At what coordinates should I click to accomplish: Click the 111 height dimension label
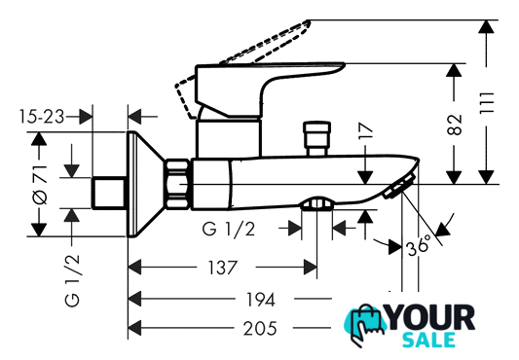coord(487,103)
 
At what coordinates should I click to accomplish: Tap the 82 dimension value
coord(454,125)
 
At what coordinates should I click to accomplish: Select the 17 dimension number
coord(365,130)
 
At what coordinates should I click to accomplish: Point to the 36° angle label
coord(420,245)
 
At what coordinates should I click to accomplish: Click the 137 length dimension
coord(222,268)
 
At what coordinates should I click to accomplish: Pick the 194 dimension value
coord(261,300)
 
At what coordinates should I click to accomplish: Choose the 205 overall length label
coord(260,329)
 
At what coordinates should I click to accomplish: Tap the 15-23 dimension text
coord(41,117)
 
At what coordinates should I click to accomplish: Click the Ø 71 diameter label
coord(40,184)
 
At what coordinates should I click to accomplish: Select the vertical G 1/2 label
coord(72,280)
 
